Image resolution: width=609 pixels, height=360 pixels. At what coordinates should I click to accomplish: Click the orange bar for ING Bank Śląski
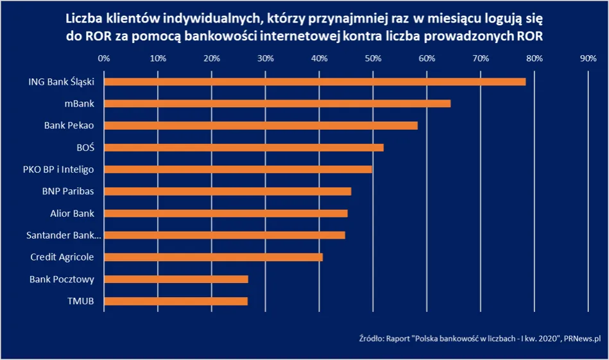tap(314, 81)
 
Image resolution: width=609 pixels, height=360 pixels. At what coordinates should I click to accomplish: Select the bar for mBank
tap(277, 103)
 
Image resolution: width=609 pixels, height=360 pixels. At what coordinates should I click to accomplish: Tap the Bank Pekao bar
tap(261, 125)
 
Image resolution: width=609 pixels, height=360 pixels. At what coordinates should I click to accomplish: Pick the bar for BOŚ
tap(244, 148)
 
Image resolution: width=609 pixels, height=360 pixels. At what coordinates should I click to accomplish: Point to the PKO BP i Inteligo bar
tap(238, 169)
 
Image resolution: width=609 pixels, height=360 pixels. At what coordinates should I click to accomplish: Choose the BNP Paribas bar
tap(228, 191)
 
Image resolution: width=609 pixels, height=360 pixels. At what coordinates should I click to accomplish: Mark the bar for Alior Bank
tap(226, 213)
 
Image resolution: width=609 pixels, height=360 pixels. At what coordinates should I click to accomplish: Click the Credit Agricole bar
tap(213, 257)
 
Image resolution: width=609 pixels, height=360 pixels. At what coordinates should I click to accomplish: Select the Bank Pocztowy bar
tap(176, 279)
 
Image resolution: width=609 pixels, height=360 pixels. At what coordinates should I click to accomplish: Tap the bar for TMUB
tap(176, 301)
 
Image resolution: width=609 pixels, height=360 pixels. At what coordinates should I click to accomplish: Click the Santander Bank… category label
tap(64, 235)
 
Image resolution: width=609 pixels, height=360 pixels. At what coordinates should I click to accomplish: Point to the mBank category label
tap(80, 103)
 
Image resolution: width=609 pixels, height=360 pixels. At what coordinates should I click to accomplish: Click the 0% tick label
tap(104, 58)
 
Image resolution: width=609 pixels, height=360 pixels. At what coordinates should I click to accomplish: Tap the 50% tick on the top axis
tap(373, 58)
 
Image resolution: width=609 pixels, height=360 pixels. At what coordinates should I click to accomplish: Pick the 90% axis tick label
tap(588, 58)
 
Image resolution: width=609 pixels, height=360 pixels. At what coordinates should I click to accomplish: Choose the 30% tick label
tap(265, 58)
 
